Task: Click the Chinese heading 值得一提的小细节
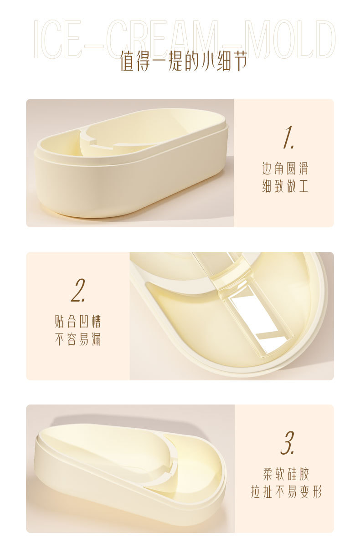pyautogui.click(x=184, y=61)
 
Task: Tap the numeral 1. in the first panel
pyautogui.click(x=288, y=137)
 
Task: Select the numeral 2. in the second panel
pyautogui.click(x=78, y=290)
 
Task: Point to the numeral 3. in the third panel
pyautogui.click(x=287, y=443)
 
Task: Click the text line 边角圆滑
pyautogui.click(x=285, y=169)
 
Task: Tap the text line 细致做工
pyautogui.click(x=285, y=186)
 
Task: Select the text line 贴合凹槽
pyautogui.click(x=78, y=322)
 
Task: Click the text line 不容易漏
pyautogui.click(x=78, y=339)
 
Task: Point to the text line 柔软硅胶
pyautogui.click(x=286, y=474)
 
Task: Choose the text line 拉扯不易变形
pyautogui.click(x=286, y=492)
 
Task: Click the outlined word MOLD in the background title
pyautogui.click(x=289, y=39)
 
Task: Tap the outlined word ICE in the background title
pyautogui.click(x=58, y=39)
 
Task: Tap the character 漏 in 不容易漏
pyautogui.click(x=95, y=339)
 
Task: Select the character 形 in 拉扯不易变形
pyautogui.click(x=316, y=492)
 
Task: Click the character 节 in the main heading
pyautogui.click(x=239, y=61)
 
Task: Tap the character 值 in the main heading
pyautogui.click(x=128, y=61)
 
